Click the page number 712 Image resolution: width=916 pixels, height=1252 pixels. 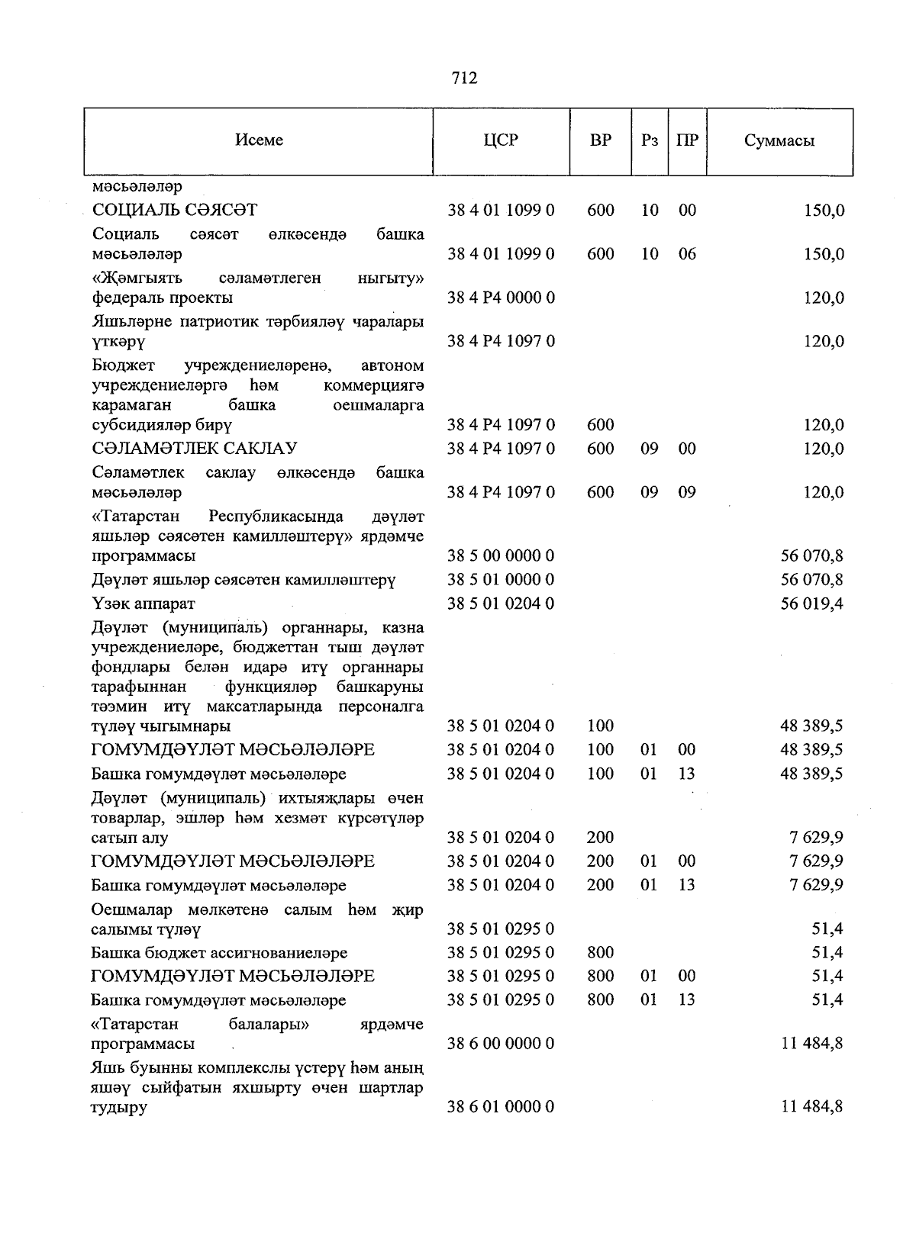[x=464, y=78]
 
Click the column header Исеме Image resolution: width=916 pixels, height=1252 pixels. [x=259, y=140]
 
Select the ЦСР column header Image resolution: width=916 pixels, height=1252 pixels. [x=501, y=140]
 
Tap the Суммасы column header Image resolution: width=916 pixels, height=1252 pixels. [x=779, y=141]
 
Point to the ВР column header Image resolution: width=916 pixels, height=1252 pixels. [x=600, y=140]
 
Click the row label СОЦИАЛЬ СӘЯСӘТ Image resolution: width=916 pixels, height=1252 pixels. [x=175, y=210]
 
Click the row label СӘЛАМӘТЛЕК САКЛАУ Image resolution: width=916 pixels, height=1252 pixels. [x=194, y=449]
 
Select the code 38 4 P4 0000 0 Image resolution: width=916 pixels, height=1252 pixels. [x=501, y=298]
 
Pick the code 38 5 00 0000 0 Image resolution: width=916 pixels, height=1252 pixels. [x=501, y=555]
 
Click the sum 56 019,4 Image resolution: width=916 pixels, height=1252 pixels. [x=811, y=603]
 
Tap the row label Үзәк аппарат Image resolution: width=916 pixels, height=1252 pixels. [x=143, y=603]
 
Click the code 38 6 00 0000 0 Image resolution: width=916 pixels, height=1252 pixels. [x=501, y=1043]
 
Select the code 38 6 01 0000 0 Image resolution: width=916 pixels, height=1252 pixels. [x=501, y=1106]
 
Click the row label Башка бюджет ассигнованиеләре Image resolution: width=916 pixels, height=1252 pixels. [x=219, y=953]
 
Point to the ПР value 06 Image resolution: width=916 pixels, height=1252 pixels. [x=687, y=253]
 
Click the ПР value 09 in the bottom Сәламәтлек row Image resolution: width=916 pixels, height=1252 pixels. [x=687, y=492]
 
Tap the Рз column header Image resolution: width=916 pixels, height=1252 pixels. [x=650, y=140]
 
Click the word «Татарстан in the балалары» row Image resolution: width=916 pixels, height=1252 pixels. [x=135, y=1024]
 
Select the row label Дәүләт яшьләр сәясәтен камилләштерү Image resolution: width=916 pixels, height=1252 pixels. [x=244, y=580]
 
